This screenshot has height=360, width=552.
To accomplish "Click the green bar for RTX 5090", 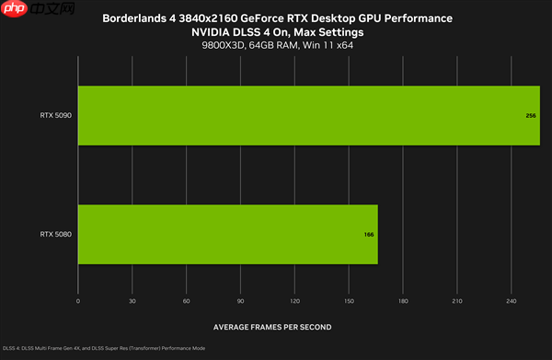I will (x=308, y=116).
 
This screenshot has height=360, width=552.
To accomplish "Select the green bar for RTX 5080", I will (x=228, y=234).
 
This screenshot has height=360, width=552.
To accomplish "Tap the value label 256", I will (x=531, y=117).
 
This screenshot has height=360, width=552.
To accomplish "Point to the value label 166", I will (x=368, y=235).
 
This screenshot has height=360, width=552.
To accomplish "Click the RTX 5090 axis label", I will (x=56, y=116).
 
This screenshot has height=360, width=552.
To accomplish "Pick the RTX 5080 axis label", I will (x=56, y=234).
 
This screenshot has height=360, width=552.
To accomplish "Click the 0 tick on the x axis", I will (x=78, y=301).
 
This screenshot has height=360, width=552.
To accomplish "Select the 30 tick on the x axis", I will (x=132, y=301).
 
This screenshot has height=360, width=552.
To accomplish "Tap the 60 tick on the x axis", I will (x=187, y=301).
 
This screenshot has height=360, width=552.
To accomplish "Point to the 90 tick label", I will (x=240, y=301).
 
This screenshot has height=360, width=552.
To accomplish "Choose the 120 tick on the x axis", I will (x=294, y=301).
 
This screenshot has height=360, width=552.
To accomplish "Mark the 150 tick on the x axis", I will (x=349, y=301).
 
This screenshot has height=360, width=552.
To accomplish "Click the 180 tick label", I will (x=402, y=301).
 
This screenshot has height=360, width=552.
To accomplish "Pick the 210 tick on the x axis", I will (x=456, y=301).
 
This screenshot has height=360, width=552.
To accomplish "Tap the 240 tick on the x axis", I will (x=511, y=301).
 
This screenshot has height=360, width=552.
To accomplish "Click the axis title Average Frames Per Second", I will (x=272, y=327).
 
